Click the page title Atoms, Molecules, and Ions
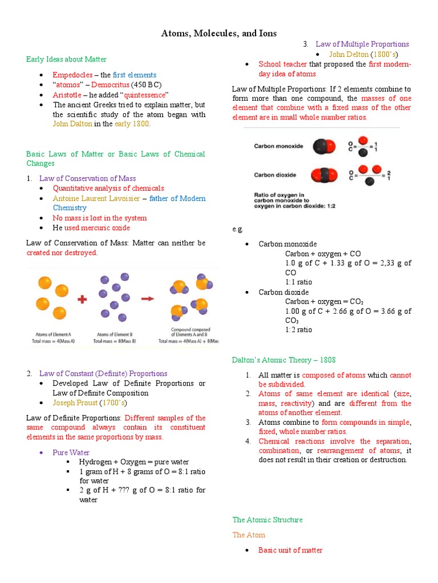tap(220, 33)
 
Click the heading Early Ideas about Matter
tap(66, 59)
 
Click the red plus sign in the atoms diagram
tap(82, 299)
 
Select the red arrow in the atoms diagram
tap(148, 298)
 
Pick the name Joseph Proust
tap(75, 403)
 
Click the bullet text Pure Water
tap(71, 453)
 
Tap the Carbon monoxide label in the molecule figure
tap(278, 146)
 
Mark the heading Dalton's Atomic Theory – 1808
tap(283, 360)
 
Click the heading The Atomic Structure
tap(267, 520)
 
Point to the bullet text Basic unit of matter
tap(290, 550)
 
